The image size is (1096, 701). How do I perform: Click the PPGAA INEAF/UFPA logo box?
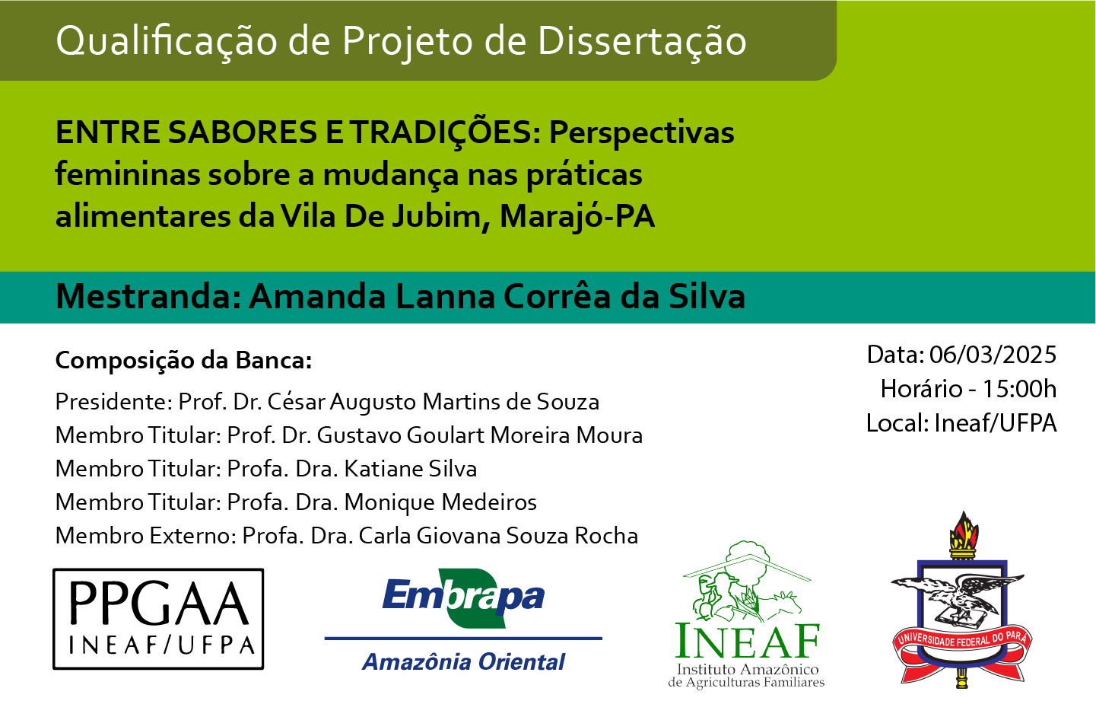(158, 619)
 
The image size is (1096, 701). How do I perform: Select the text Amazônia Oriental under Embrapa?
(463, 662)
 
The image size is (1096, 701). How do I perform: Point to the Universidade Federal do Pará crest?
(962, 601)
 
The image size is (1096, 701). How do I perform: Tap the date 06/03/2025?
(993, 355)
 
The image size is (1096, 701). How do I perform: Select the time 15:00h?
(1019, 389)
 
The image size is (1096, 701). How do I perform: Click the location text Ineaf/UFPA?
(995, 423)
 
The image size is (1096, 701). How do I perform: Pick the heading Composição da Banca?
(183, 361)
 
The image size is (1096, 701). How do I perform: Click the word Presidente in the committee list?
(113, 402)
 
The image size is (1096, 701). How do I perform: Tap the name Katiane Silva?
(411, 469)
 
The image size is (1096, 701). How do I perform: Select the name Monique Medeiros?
(440, 503)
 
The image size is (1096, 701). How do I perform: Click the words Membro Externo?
(143, 536)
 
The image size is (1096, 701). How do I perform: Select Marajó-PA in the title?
(577, 217)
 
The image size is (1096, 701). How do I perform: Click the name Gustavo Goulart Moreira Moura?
(479, 435)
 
